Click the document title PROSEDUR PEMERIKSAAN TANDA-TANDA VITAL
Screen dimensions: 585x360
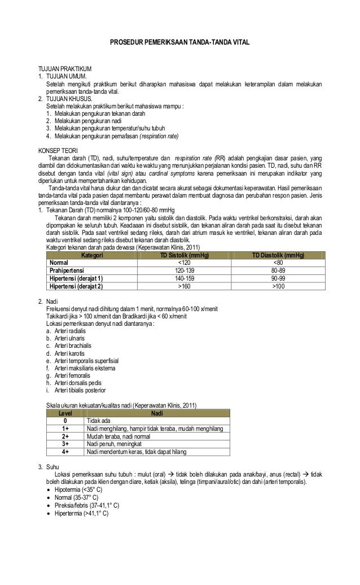tap(179, 43)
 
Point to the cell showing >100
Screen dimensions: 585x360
tap(278, 286)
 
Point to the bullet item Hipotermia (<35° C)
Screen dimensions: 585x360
tap(78, 490)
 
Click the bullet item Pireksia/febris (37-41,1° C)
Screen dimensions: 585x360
tap(87, 505)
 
